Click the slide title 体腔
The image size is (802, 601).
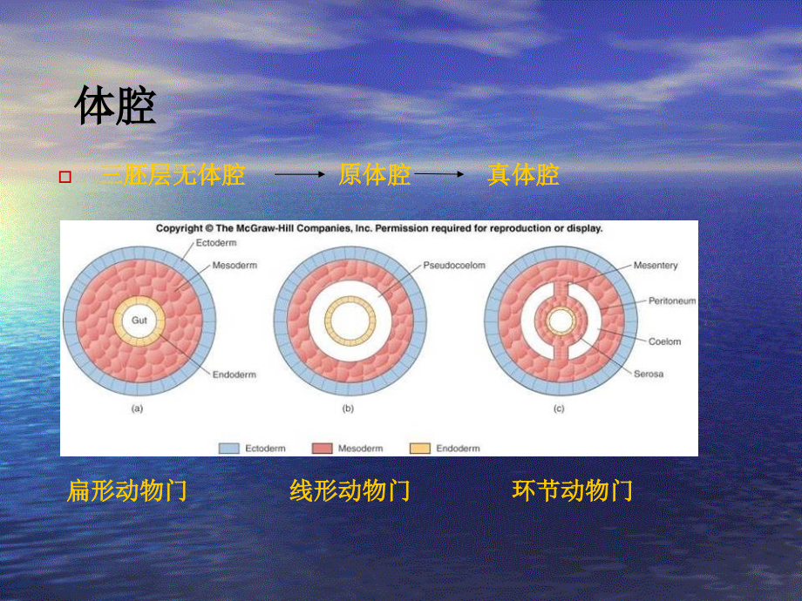tap(115, 107)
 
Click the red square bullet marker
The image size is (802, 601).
tap(65, 177)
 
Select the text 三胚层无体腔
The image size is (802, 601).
tap(173, 176)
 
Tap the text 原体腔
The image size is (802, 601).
tap(374, 176)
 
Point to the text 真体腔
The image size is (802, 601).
tap(523, 176)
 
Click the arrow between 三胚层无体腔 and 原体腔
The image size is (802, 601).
tap(299, 175)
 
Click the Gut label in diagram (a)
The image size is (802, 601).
tap(139, 321)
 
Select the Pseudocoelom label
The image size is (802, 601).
tap(454, 265)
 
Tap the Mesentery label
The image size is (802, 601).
tap(656, 265)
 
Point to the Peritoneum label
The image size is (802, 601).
tap(671, 300)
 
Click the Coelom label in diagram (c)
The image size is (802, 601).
tap(664, 341)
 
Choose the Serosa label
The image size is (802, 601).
tap(649, 375)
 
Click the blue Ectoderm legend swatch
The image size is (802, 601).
tap(228, 449)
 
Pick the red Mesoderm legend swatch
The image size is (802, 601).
tap(322, 449)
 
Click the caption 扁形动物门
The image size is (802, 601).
tap(127, 491)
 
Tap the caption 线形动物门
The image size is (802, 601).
tap(350, 491)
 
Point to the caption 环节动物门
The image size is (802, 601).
tap(573, 491)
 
